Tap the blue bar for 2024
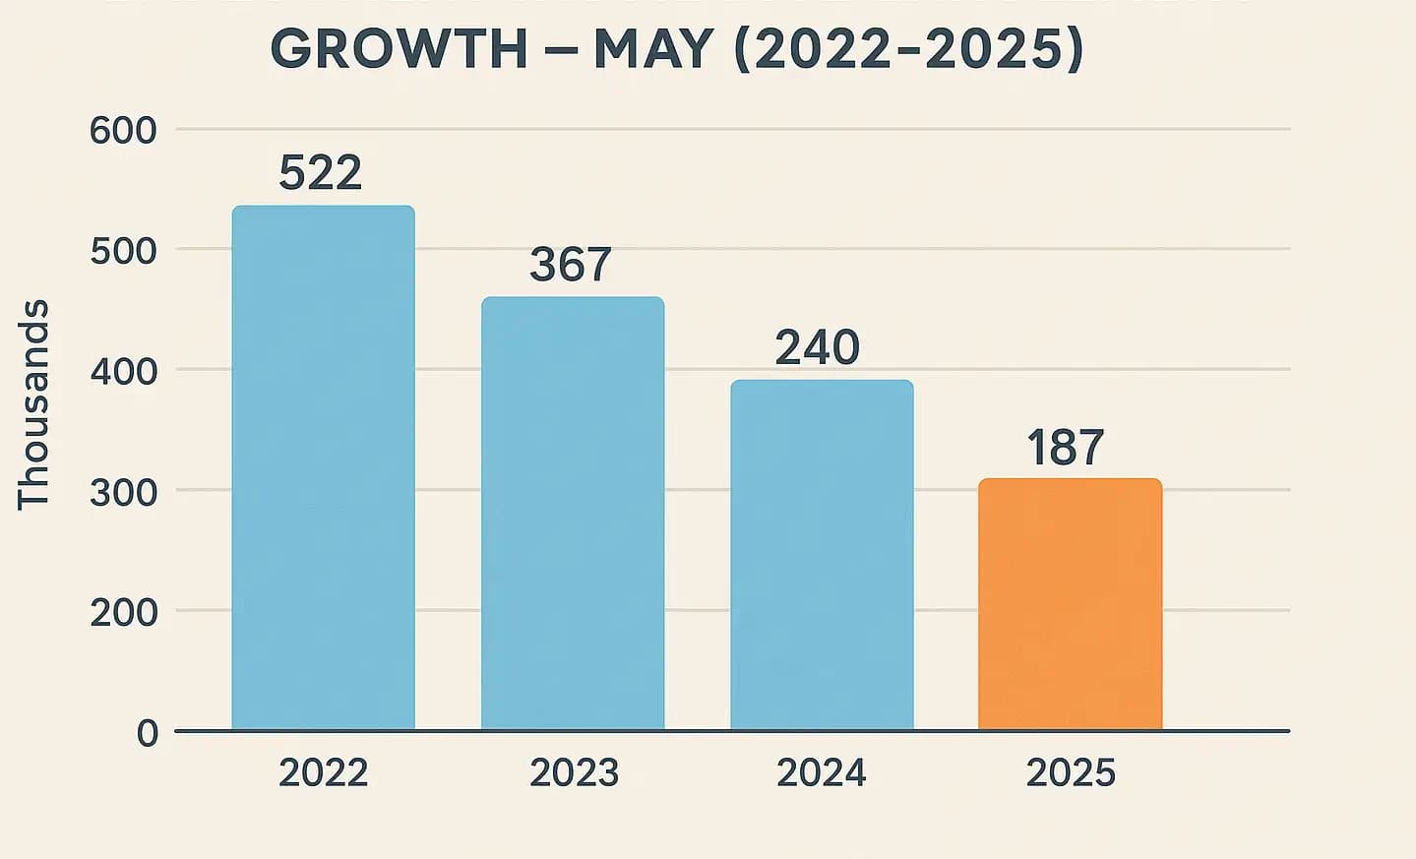(822, 555)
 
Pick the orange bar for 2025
(1070, 604)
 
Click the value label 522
(320, 173)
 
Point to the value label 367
(571, 265)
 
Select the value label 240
(817, 347)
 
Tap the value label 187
(1066, 448)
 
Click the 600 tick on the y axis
(123, 131)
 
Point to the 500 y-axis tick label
(123, 251)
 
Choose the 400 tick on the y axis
(123, 372)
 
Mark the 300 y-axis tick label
(123, 492)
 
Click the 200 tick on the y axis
(123, 612)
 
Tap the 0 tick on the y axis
(148, 733)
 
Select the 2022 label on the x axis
(323, 773)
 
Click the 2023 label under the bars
(574, 773)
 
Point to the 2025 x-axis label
(1071, 773)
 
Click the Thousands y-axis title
(33, 404)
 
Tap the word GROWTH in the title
(400, 49)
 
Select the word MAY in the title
(653, 49)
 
